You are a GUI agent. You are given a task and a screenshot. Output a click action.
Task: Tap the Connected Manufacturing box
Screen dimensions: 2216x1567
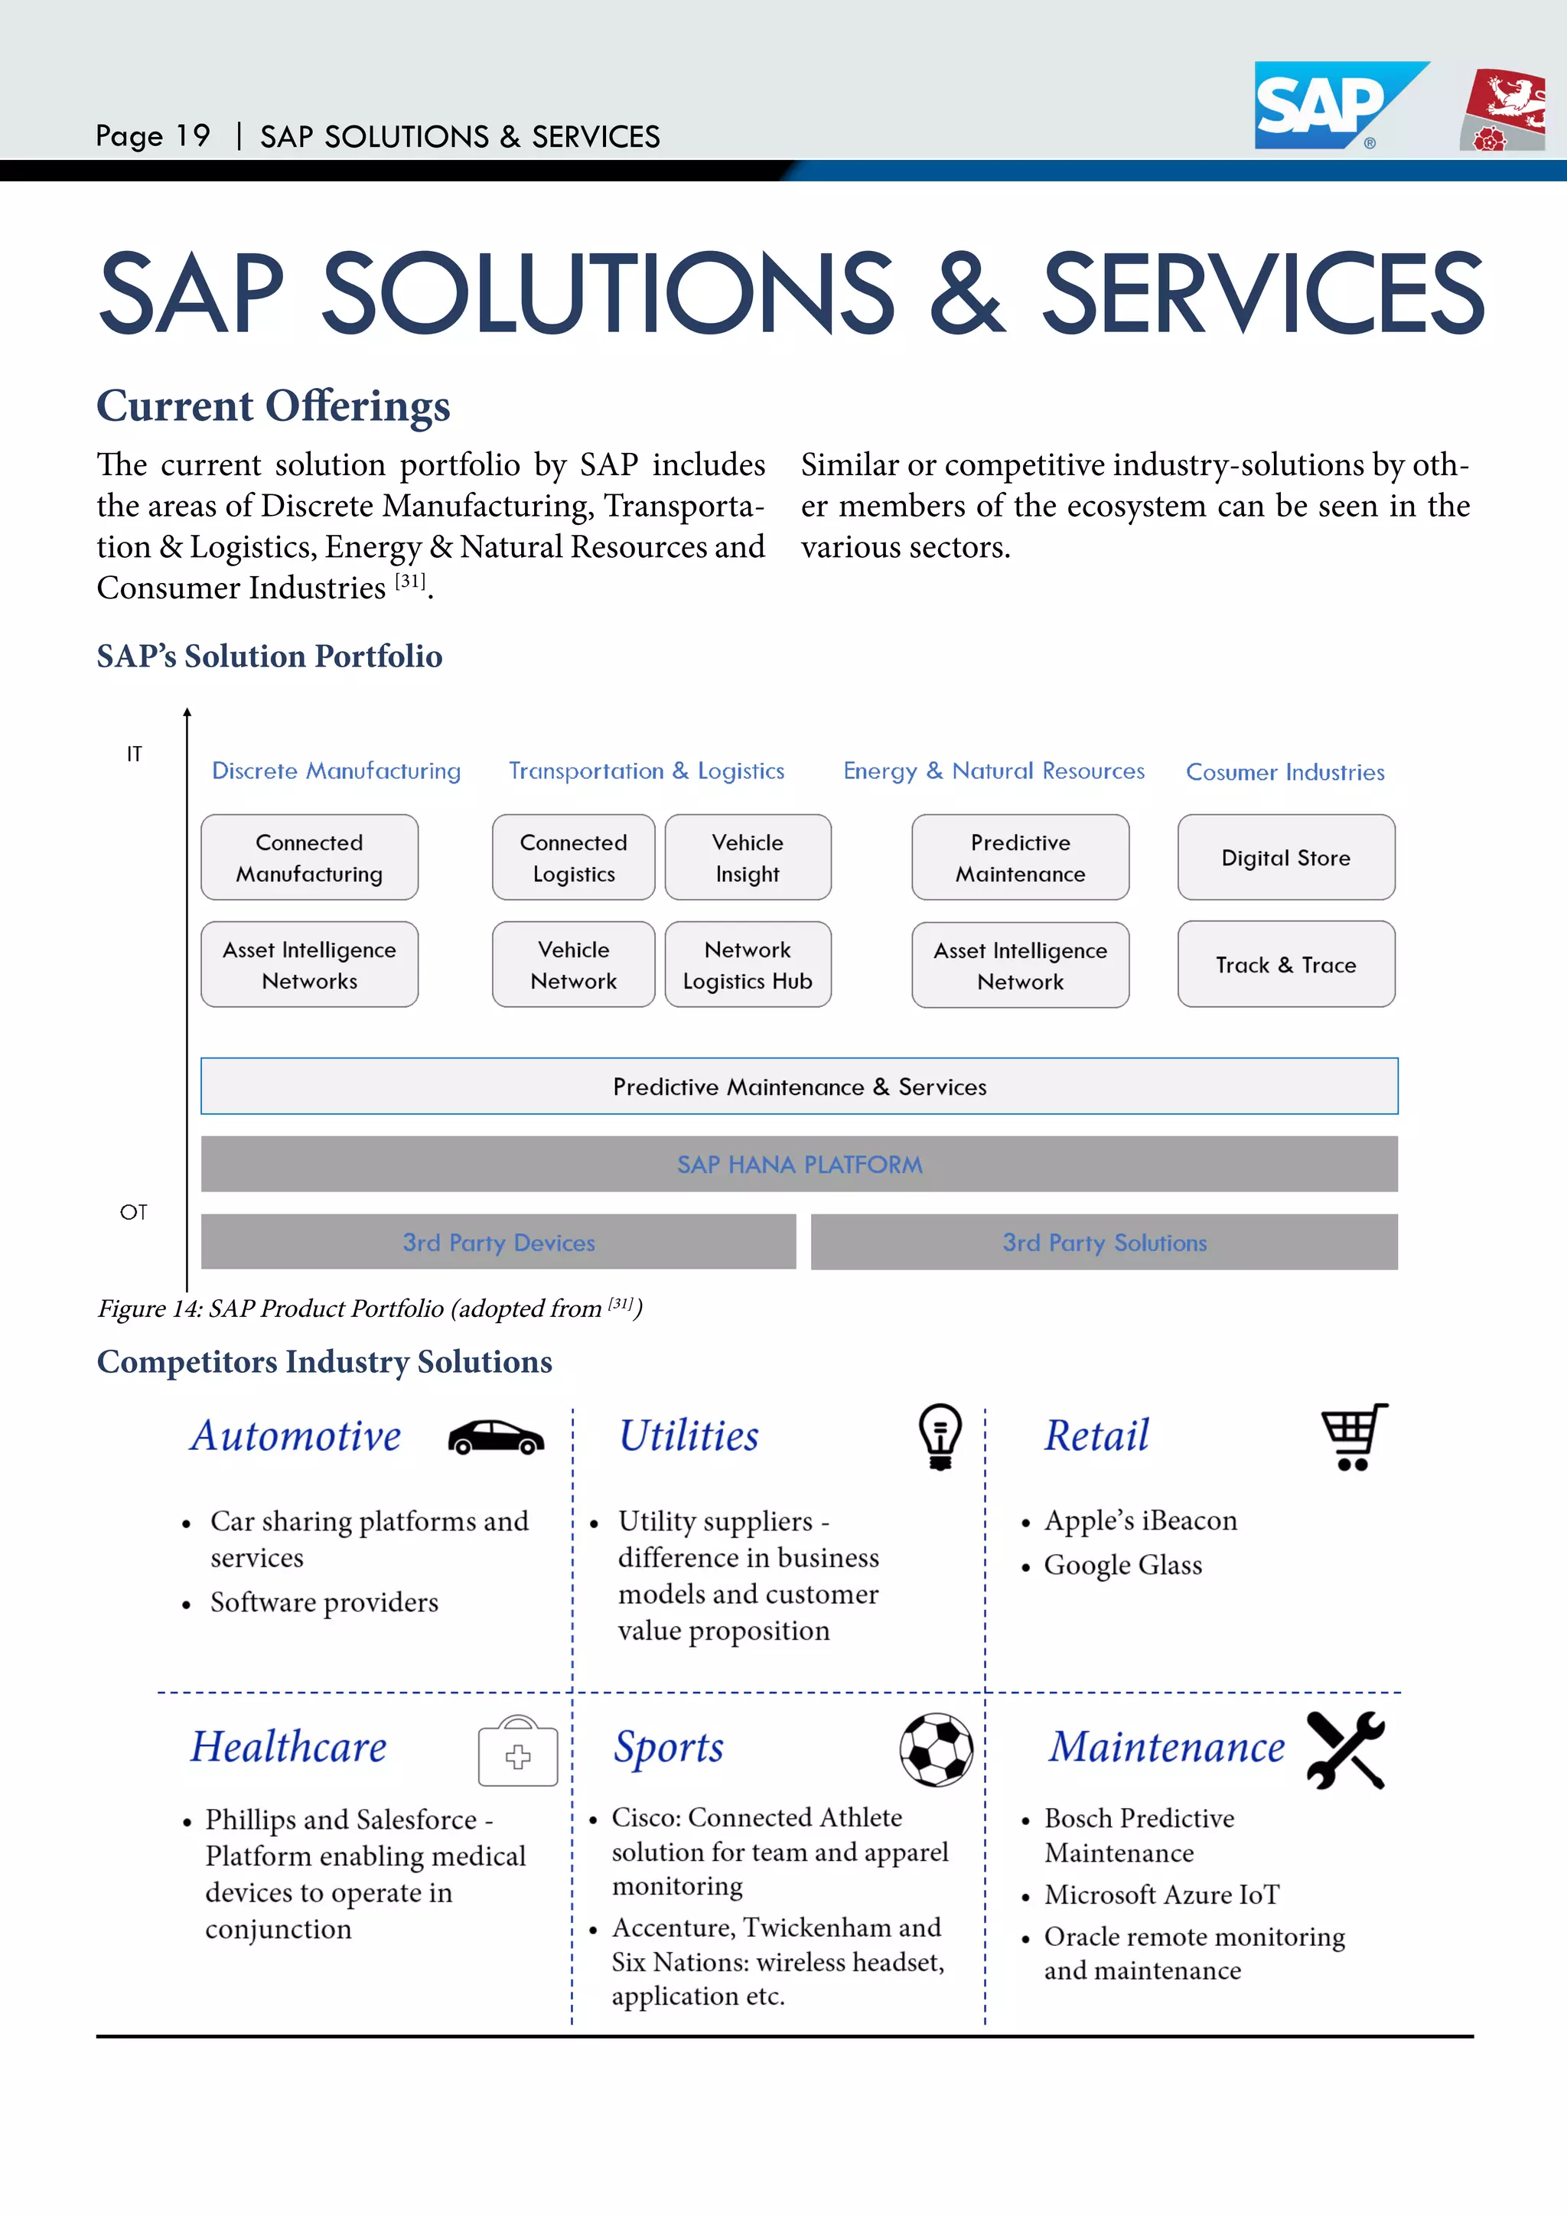309,857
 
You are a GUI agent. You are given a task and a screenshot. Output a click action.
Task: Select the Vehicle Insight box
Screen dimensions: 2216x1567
748,857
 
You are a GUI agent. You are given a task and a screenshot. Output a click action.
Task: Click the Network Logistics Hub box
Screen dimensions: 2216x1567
748,964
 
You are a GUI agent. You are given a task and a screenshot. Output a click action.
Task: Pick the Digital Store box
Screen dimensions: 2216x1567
1285,857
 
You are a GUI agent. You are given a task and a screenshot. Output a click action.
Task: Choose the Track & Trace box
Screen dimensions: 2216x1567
1285,964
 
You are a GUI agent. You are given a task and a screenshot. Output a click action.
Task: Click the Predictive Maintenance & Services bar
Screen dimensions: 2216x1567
799,1086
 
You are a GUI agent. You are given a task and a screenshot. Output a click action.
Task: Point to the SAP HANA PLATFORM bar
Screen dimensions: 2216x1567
799,1164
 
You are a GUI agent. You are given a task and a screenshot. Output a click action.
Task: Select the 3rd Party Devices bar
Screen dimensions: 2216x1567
498,1242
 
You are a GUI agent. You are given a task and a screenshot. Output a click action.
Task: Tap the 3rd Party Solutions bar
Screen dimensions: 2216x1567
1104,1242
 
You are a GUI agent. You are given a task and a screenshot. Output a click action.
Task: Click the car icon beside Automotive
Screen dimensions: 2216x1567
496,1437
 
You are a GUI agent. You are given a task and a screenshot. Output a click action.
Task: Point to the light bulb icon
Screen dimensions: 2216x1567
940,1436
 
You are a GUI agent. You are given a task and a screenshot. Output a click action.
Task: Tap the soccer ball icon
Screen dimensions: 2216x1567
936,1749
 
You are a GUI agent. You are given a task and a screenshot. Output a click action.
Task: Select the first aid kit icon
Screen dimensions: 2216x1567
518,1751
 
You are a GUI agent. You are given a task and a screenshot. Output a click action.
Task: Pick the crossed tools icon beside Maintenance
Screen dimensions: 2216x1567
1346,1749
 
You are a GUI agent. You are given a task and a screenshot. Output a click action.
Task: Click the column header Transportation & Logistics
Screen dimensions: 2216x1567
647,771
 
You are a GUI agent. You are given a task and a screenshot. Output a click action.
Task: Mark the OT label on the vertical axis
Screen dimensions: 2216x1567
133,1212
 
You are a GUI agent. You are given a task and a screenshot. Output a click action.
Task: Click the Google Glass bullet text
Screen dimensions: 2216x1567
1123,1565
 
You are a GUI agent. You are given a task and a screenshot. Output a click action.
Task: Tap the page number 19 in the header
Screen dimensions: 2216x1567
193,136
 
